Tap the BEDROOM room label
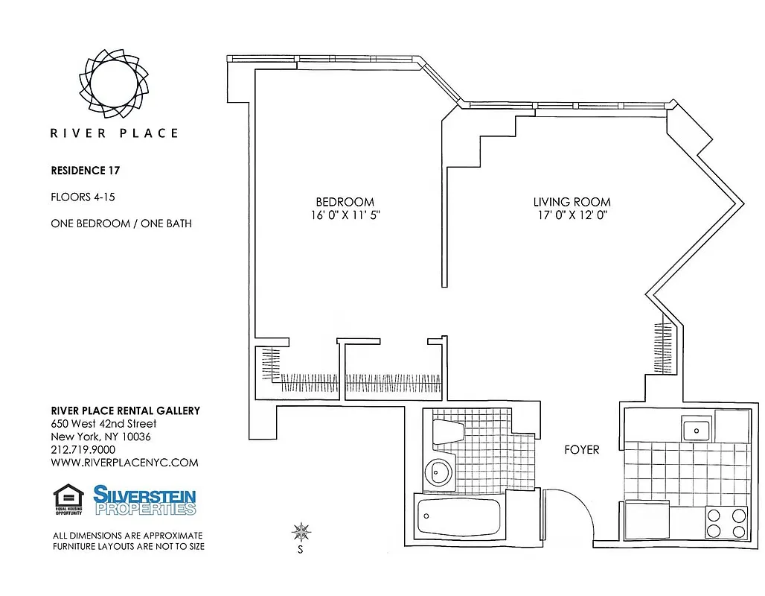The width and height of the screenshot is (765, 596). coord(345,202)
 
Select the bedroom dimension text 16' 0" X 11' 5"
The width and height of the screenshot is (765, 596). coord(345,216)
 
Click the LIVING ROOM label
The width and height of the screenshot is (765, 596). coord(572,202)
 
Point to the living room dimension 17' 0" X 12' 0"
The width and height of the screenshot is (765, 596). coord(572,216)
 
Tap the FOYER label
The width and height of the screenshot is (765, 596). coord(581,449)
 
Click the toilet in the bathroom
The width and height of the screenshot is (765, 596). coord(448,434)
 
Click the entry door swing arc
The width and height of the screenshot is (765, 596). coord(569,514)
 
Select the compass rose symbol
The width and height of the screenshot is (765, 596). coord(301,532)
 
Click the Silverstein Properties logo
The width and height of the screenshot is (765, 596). coord(144,500)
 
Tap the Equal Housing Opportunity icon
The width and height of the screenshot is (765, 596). coord(68,499)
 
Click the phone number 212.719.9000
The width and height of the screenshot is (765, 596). coord(83,449)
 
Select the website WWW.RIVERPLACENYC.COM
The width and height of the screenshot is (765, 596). coord(124,462)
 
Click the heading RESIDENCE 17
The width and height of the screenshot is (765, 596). coord(85,171)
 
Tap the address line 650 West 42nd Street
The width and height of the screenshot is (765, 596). coord(103,424)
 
